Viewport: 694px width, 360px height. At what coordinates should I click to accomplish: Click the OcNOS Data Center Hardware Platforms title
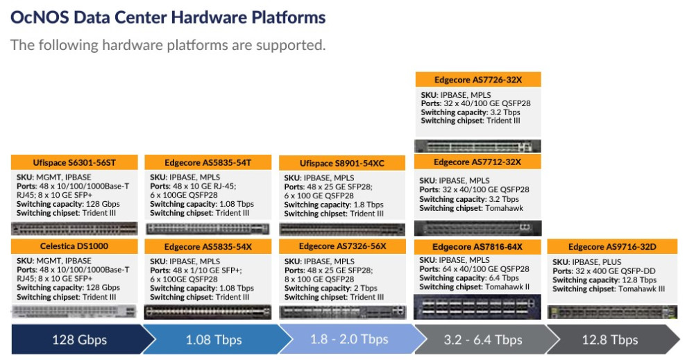pyautogui.click(x=168, y=18)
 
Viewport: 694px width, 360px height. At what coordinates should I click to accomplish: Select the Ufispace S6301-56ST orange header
pyautogui.click(x=74, y=162)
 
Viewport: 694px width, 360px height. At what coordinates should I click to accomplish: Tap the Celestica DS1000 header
pyautogui.click(x=74, y=246)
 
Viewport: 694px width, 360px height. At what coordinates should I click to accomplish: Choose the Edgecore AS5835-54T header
pyautogui.click(x=208, y=162)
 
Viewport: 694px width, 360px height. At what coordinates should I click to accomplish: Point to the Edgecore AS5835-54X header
pyautogui.click(x=208, y=247)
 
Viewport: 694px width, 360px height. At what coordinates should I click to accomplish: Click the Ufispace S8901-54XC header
pyautogui.click(x=342, y=163)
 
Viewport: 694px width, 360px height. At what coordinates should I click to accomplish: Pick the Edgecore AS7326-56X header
pyautogui.click(x=342, y=246)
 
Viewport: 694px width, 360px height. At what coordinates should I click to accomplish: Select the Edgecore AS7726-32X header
pyautogui.click(x=478, y=80)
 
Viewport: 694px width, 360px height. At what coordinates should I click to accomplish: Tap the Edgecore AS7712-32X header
pyautogui.click(x=477, y=162)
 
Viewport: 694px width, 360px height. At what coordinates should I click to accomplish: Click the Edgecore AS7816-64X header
pyautogui.click(x=477, y=247)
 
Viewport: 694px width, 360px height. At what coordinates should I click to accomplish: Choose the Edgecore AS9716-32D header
pyautogui.click(x=612, y=247)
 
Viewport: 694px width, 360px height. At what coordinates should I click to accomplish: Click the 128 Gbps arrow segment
pyautogui.click(x=80, y=340)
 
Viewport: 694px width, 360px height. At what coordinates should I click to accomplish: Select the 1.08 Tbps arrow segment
pyautogui.click(x=214, y=340)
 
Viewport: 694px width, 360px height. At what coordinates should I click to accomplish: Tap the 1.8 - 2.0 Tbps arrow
pyautogui.click(x=349, y=340)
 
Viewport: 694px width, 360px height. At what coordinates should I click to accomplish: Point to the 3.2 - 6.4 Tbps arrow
pyautogui.click(x=483, y=340)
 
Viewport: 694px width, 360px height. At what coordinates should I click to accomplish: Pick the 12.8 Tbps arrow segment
pyautogui.click(x=610, y=340)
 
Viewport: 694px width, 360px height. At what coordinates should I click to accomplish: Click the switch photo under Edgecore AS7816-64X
pyautogui.click(x=477, y=307)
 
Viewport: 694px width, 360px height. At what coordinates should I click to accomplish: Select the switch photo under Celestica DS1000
pyautogui.click(x=74, y=311)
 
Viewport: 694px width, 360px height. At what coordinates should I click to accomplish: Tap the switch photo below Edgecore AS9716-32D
pyautogui.click(x=612, y=312)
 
